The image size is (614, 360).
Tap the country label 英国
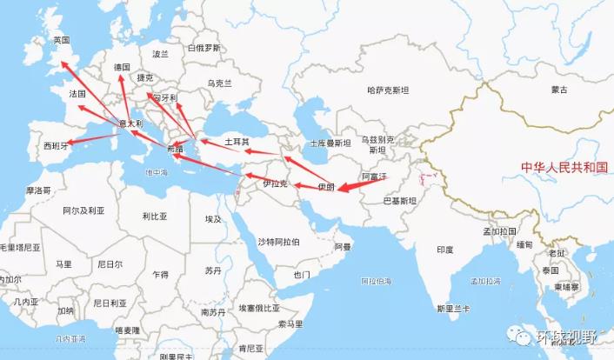click(61, 41)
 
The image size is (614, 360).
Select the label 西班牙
click(54, 146)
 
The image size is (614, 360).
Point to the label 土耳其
click(237, 141)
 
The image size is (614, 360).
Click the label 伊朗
click(325, 186)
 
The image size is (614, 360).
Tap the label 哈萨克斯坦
click(387, 90)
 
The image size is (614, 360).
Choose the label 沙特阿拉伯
click(278, 241)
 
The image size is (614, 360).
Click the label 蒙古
click(558, 90)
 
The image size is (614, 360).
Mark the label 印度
click(444, 250)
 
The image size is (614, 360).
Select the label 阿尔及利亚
click(83, 210)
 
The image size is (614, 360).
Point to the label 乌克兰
click(219, 83)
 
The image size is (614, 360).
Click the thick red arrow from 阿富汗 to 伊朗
click(361, 183)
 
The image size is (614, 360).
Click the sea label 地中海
click(157, 172)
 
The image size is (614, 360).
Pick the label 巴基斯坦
click(400, 200)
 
